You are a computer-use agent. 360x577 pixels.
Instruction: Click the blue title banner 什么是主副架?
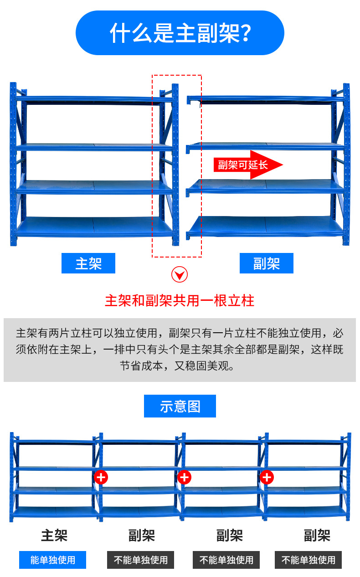(x=180, y=33)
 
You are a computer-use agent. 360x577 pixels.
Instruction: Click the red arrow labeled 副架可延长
(x=248, y=165)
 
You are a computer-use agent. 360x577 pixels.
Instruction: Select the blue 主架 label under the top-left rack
(x=88, y=263)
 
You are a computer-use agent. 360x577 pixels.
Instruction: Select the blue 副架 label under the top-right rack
(x=267, y=263)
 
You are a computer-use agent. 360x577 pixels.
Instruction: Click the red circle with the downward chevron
(x=180, y=275)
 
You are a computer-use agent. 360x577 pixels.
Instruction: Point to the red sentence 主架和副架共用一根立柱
(x=180, y=301)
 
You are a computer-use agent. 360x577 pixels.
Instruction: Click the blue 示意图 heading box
(x=180, y=406)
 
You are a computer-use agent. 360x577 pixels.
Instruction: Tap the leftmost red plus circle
(x=101, y=478)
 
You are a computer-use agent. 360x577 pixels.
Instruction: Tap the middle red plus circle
(x=184, y=478)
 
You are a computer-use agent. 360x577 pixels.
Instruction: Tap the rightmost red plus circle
(x=267, y=478)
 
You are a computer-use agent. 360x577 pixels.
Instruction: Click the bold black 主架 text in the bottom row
(x=54, y=535)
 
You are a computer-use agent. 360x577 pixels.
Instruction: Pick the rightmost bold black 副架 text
(x=317, y=535)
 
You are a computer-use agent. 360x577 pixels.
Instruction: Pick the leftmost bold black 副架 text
(x=142, y=535)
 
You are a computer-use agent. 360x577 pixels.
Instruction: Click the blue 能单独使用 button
(x=52, y=560)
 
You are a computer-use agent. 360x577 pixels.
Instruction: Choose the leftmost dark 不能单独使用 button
(x=141, y=560)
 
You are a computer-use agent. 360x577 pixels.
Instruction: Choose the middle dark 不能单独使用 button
(x=226, y=560)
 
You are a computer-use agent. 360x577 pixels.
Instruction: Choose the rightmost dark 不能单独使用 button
(x=309, y=560)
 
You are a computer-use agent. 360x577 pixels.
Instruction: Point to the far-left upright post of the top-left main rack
(x=13, y=164)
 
